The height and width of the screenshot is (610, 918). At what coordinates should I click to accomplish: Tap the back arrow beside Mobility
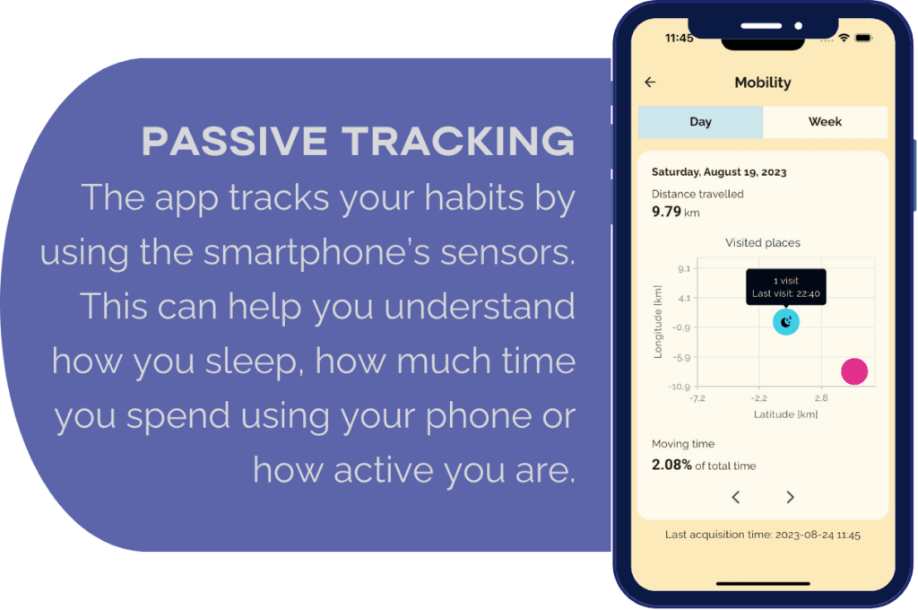pos(650,82)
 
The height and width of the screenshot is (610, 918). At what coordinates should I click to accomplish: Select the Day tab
pos(700,122)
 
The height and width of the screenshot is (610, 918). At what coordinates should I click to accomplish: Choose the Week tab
pos(825,122)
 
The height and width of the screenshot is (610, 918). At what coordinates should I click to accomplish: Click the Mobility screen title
pos(763,83)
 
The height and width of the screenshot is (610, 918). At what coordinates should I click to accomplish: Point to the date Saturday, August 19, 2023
pos(719,172)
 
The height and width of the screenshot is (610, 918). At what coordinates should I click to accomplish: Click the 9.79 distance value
pos(666,212)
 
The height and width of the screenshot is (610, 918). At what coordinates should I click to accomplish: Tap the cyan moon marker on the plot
pos(785,322)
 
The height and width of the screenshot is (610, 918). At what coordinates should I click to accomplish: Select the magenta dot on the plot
pos(854,371)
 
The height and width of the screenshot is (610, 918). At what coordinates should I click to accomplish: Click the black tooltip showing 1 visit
pos(785,287)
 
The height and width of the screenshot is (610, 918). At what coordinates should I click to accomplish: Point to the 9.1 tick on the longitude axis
pos(684,269)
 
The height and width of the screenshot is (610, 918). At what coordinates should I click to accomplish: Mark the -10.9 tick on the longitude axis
pos(680,387)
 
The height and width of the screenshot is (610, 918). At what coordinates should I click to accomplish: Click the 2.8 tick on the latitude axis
pos(821,398)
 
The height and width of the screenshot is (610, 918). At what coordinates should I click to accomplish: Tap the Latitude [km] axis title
pos(785,414)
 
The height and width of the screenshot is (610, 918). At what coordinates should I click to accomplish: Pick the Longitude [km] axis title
pos(658,322)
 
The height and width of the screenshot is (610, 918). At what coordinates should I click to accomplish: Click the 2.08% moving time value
pos(671,466)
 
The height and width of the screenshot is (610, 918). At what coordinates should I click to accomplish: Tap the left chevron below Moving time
pos(736,498)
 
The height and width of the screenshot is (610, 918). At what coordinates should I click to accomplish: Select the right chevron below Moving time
pos(790,498)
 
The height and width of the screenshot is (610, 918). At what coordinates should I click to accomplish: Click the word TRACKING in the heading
pos(458,141)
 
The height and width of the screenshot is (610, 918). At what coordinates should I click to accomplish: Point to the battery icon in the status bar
pos(863,38)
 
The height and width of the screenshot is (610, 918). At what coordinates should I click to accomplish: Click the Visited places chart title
pos(763,242)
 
